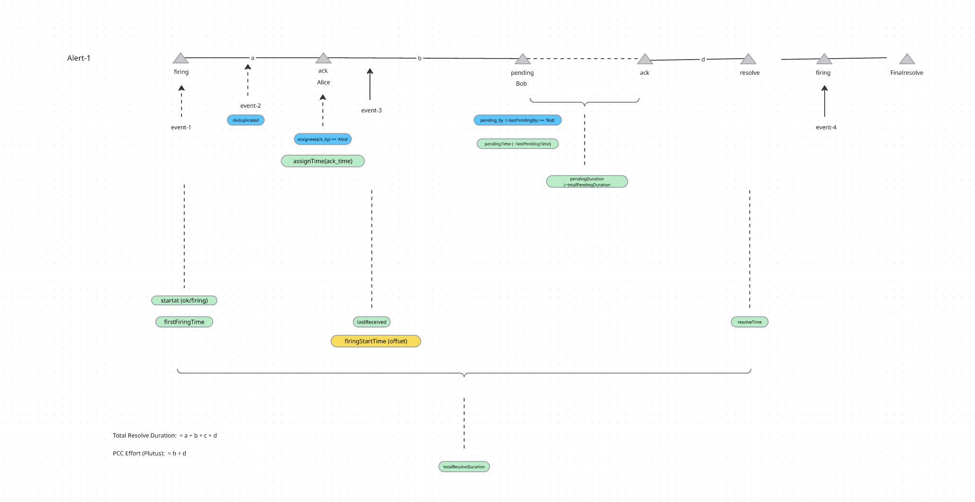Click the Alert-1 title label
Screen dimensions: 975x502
point(78,58)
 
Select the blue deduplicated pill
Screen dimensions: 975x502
point(246,120)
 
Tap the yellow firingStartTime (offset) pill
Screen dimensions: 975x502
point(376,341)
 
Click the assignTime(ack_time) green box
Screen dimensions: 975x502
point(323,161)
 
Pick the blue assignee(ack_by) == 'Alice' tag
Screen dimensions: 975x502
point(323,139)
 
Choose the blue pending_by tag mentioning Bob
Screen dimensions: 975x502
point(518,120)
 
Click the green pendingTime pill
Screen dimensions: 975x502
point(518,144)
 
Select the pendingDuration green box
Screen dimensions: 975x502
point(587,182)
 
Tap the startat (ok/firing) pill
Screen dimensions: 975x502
point(184,300)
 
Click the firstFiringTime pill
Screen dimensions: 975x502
point(184,322)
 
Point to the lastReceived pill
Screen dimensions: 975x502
point(371,322)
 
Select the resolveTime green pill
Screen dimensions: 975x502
point(750,322)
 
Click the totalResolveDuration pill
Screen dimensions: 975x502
point(464,467)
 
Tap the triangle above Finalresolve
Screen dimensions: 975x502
point(907,60)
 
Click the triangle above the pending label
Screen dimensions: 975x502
point(522,60)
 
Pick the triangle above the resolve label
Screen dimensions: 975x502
point(748,60)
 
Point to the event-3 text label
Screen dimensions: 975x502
point(371,110)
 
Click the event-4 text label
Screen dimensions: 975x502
point(826,127)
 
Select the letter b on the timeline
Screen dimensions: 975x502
point(420,58)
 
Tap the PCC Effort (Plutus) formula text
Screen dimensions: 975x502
point(149,453)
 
